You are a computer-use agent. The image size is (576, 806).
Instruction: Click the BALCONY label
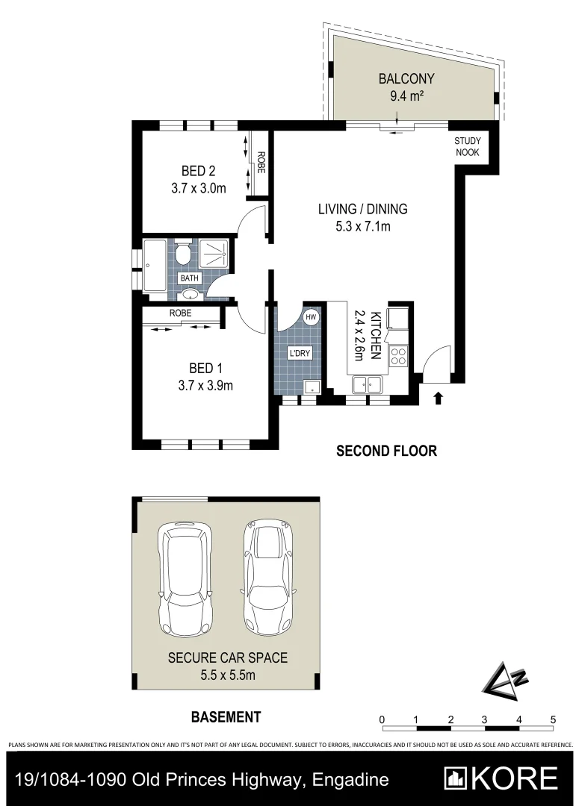(x=406, y=78)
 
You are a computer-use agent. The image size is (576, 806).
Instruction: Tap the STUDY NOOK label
(x=468, y=146)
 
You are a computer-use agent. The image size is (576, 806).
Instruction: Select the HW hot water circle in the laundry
(x=312, y=317)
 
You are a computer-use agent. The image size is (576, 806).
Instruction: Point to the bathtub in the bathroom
(x=157, y=266)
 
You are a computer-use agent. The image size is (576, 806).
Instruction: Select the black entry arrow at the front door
(x=438, y=399)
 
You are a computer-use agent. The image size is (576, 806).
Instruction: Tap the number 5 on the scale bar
(x=553, y=719)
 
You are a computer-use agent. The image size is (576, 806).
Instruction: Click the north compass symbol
(x=502, y=681)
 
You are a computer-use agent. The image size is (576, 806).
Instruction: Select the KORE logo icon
(x=456, y=778)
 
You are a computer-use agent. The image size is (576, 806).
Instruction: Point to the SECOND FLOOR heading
(x=386, y=451)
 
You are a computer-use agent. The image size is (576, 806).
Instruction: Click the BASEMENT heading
(x=226, y=717)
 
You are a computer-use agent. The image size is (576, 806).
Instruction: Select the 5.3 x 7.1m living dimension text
(x=362, y=226)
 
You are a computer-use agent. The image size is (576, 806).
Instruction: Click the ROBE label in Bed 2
(x=261, y=163)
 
